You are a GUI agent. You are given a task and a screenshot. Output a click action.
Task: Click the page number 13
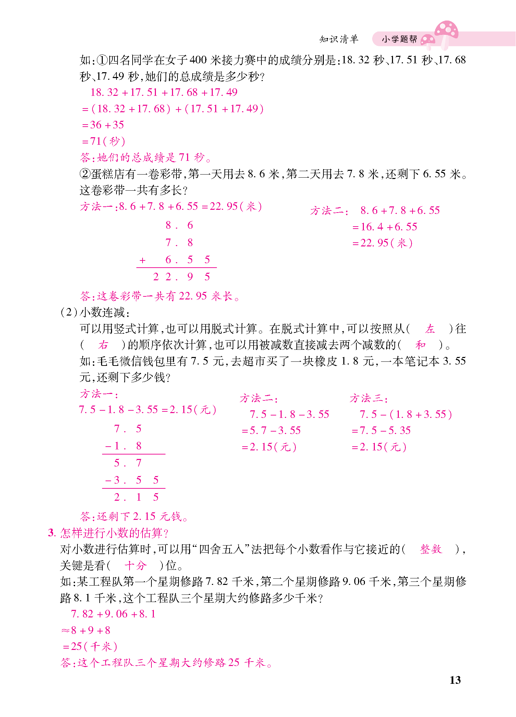[x=455, y=680]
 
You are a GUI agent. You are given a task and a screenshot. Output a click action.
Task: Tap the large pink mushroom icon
[x=446, y=32]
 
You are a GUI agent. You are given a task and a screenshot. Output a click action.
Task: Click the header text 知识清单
[x=339, y=39]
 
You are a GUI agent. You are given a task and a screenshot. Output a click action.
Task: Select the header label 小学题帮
[x=399, y=39]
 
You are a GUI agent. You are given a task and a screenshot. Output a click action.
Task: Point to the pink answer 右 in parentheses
[x=103, y=345]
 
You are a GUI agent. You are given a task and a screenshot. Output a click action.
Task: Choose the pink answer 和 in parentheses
[x=420, y=345]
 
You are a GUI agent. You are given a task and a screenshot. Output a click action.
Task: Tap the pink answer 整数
[x=431, y=549]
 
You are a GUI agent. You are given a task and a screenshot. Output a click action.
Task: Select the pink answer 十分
[x=135, y=565]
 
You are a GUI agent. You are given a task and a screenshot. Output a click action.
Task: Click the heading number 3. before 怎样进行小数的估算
[x=52, y=533]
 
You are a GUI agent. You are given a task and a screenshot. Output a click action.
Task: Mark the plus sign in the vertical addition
[x=143, y=260]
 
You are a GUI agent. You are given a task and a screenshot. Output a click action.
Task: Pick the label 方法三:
[x=369, y=399]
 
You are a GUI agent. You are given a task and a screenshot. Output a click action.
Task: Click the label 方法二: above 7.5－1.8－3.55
[x=259, y=399]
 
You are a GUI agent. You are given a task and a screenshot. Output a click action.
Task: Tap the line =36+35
[x=103, y=125]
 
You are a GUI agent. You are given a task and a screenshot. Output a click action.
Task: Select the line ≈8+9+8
[x=86, y=630]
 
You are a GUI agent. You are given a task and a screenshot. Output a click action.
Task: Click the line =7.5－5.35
[x=381, y=431]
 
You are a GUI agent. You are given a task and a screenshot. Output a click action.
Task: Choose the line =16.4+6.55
[x=385, y=227]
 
